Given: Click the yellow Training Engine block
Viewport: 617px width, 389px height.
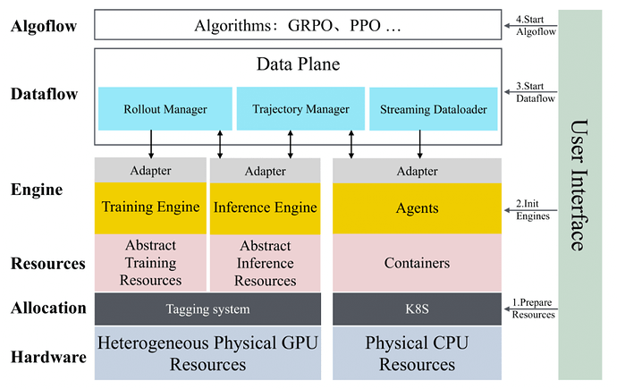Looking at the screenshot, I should click(x=150, y=207).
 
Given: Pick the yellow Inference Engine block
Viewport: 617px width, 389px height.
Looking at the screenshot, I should click(x=265, y=207).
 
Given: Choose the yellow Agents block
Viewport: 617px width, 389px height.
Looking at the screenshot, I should click(x=417, y=207).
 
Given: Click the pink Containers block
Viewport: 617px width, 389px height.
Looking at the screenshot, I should click(x=417, y=263).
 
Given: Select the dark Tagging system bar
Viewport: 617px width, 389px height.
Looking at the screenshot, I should click(x=207, y=309).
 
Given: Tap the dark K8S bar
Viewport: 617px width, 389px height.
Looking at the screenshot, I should click(x=417, y=309).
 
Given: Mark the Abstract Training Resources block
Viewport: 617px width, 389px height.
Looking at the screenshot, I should click(x=150, y=263).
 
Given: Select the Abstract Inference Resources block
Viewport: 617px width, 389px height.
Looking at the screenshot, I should click(x=265, y=263).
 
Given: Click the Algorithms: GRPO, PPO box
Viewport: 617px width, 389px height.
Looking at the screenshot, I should click(x=298, y=25).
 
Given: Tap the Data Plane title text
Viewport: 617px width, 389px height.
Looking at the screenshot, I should click(x=298, y=64).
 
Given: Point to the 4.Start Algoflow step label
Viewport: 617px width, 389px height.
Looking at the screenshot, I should click(x=536, y=25).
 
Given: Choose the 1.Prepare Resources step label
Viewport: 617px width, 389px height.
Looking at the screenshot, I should click(x=536, y=309).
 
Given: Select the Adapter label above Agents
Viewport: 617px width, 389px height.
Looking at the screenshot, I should click(x=417, y=171).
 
